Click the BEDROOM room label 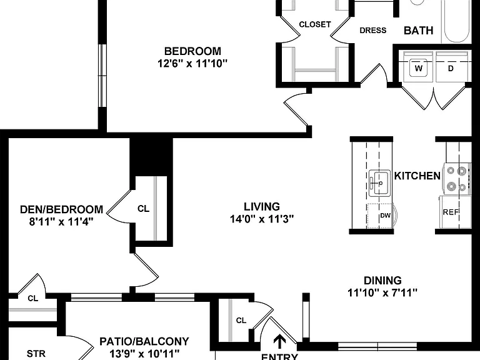point(192,51)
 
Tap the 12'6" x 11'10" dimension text point(192,64)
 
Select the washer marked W point(419,68)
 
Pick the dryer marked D point(451,68)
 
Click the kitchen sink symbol point(379,183)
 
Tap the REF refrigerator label point(451,212)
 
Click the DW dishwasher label point(386,216)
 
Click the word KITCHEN point(417,176)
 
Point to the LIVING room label point(262,207)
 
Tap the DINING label point(382,281)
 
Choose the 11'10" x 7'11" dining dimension point(382,293)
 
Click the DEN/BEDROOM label point(61,209)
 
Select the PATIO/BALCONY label point(144,341)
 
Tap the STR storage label point(36,354)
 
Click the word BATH point(419,30)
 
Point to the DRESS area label point(373,30)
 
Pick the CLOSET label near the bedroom point(315,24)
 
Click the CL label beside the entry point(241,321)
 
